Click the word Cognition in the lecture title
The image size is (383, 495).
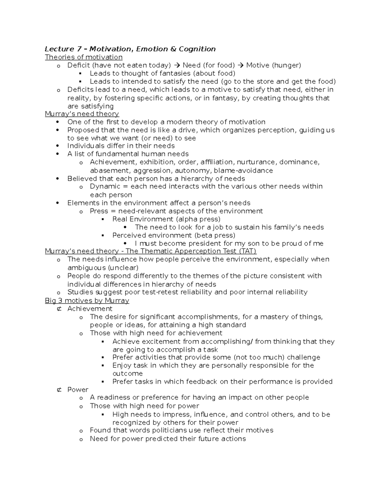coord(197,49)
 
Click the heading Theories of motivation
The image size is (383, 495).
coord(84,57)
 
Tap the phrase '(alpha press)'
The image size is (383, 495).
coord(198,219)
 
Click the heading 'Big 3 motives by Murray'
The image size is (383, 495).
coord(87,301)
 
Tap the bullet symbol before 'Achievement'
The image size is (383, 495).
coord(59,309)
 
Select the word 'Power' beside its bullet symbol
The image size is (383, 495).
coord(78,389)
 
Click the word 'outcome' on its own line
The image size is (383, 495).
coord(127,374)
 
